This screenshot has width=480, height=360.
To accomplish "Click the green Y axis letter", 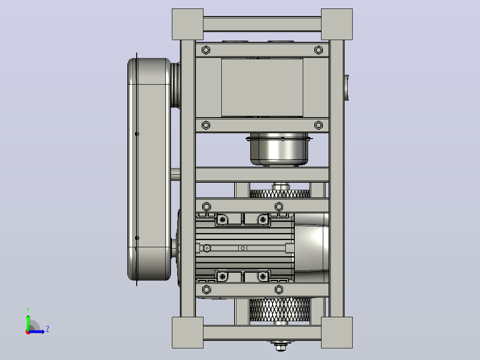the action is [28, 310].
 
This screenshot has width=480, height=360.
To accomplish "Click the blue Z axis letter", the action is [48, 329].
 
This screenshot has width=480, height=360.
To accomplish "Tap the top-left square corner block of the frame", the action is [187, 24].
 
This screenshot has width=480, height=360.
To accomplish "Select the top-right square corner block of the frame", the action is [337, 24].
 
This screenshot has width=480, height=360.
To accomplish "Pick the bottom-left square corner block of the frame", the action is [187, 332].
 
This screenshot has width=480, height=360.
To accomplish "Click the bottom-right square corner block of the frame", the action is [337, 332].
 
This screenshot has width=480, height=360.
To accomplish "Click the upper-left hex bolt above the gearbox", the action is [206, 50].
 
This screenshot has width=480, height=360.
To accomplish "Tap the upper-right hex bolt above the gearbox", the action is [319, 50].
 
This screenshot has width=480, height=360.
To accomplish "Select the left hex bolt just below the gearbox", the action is [206, 125].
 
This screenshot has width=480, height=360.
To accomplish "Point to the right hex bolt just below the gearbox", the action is [319, 125].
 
